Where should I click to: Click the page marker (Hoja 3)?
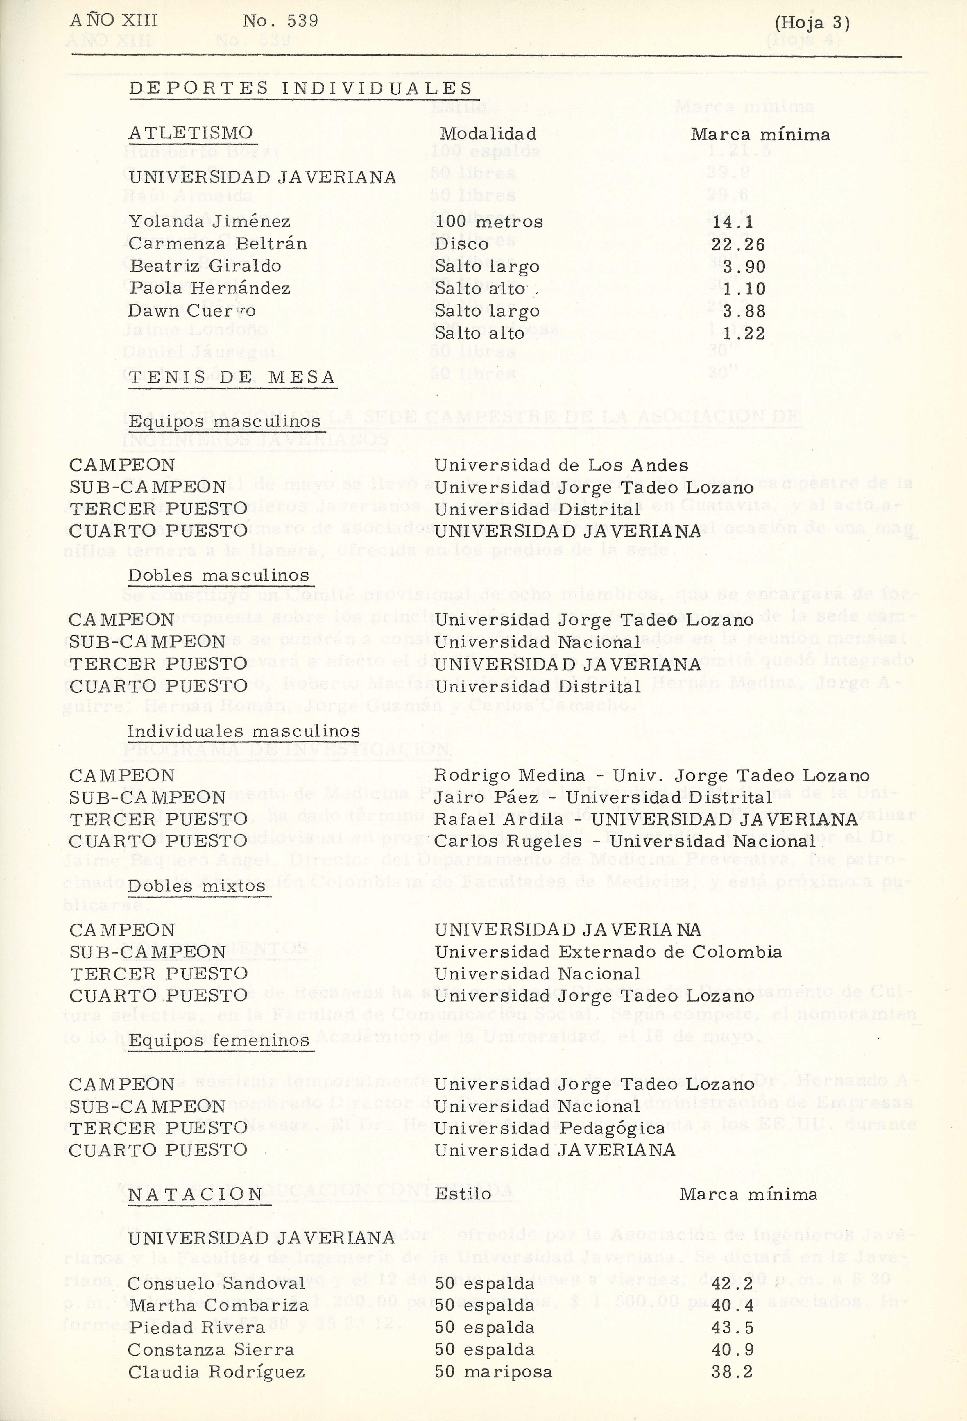coord(812,23)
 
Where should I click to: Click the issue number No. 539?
coord(280,22)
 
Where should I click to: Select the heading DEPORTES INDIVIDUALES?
coord(301,89)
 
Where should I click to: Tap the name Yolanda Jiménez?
coord(209,221)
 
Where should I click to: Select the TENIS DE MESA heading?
coord(232,377)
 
